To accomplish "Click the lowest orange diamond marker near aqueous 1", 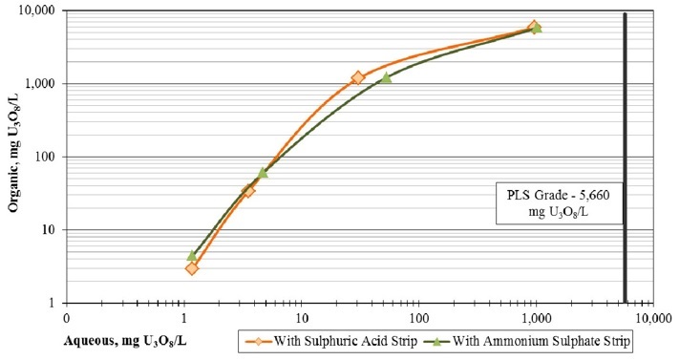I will coord(192,268).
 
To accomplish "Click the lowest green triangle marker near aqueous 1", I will coord(192,255).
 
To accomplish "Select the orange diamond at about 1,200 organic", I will coord(358,78).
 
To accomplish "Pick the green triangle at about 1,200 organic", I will coord(386,77).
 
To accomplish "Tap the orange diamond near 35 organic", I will coord(248,191).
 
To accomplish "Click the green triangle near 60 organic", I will coord(263,173).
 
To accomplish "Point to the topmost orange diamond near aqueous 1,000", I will coord(535,28).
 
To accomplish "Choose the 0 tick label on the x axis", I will coord(66,315).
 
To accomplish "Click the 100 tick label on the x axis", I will coord(417,315).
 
